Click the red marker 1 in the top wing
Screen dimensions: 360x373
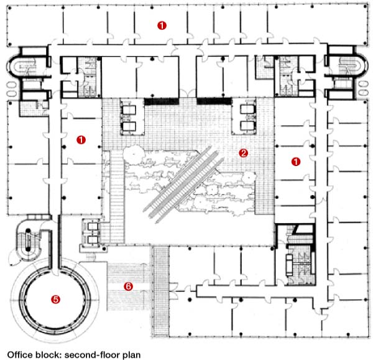coord(162,25)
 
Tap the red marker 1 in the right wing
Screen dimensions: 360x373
coord(296,161)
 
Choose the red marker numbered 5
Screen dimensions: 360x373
coord(55,299)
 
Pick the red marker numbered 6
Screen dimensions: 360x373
coord(129,287)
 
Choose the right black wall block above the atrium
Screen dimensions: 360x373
coord(214,101)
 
